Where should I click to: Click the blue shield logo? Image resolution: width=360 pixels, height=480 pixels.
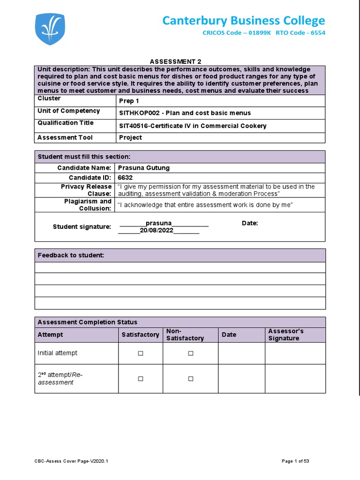tap(50, 29)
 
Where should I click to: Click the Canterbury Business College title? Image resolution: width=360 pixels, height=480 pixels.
tap(243, 21)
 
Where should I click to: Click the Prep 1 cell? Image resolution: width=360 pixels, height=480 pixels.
tap(129, 101)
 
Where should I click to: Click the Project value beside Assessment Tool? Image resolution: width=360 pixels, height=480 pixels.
tap(130, 137)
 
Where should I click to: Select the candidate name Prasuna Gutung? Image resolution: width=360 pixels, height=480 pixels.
tap(144, 168)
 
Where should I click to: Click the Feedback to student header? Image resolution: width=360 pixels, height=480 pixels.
tap(71, 255)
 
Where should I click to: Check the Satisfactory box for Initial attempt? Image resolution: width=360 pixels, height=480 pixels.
tap(140, 353)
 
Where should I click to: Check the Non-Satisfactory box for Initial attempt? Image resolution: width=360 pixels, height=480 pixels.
tap(191, 353)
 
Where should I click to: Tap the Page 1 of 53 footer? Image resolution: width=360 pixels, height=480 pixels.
tap(295, 461)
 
